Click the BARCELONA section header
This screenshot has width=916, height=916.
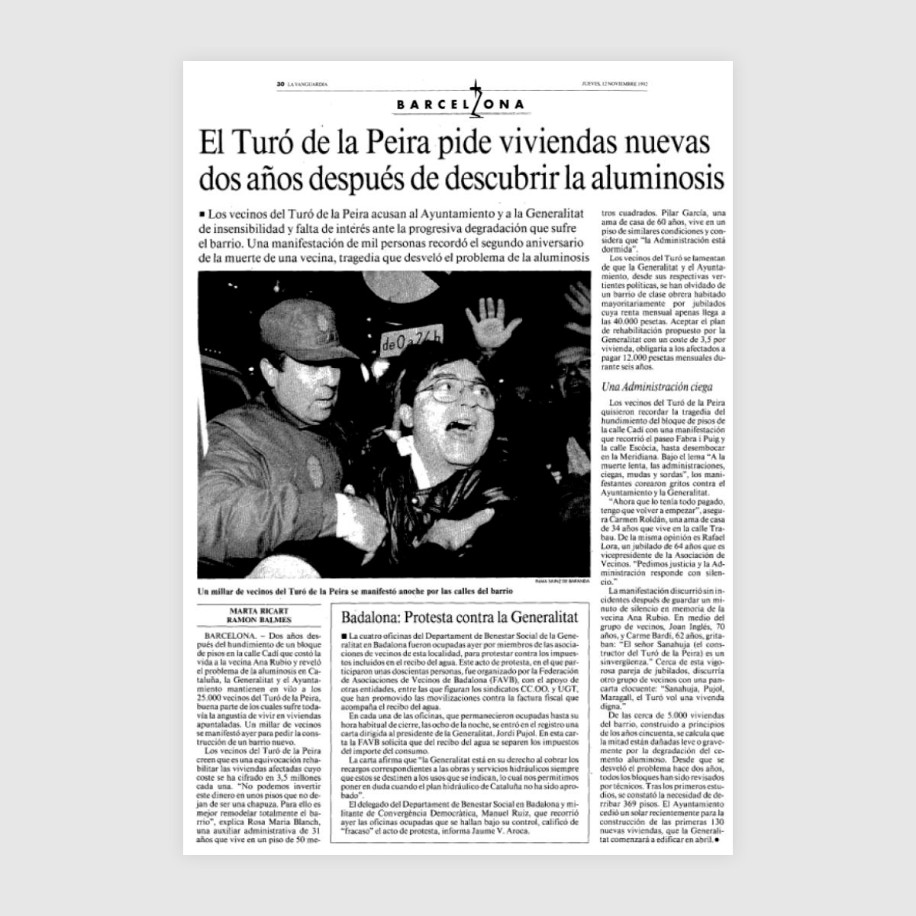(461, 105)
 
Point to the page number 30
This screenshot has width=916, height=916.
(280, 85)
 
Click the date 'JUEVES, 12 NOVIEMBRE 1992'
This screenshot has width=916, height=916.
(614, 85)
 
